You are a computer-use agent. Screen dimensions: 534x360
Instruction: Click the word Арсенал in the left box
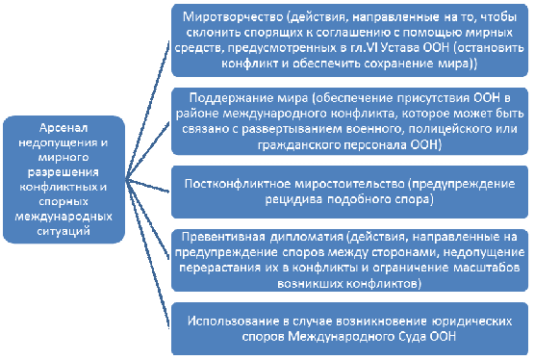[64, 128]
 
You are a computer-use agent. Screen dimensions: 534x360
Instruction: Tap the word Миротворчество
[233, 17]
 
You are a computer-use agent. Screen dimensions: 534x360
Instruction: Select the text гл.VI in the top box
[364, 48]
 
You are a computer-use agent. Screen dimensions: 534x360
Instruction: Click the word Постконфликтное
[238, 184]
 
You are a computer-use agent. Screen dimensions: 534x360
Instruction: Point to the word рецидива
[293, 199]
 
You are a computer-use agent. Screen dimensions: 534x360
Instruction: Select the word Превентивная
[223, 237]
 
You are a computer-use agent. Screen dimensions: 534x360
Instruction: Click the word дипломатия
[307, 237]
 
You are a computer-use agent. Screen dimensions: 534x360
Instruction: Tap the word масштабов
[487, 268]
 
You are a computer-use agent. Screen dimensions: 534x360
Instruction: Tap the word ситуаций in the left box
[64, 231]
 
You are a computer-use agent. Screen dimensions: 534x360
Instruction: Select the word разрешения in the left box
[64, 172]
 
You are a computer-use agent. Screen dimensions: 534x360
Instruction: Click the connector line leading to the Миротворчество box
[147, 110]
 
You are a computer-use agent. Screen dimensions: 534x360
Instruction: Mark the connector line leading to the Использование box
[147, 254]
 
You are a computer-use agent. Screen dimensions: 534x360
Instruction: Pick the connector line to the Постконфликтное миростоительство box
[147, 186]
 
